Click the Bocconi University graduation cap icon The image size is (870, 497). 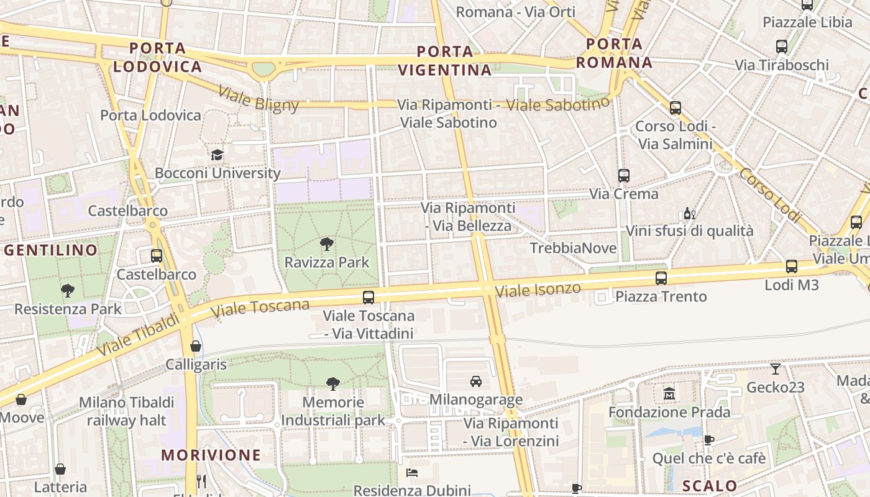(217, 155)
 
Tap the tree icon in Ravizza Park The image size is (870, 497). (327, 244)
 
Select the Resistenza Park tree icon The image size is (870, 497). (68, 290)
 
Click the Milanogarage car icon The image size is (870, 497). (476, 381)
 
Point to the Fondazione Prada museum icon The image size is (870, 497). (669, 393)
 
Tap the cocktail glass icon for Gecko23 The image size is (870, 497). (776, 368)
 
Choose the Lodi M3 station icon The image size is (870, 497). (791, 267)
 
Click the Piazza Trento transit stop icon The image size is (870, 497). (661, 278)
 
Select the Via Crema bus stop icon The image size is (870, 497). (624, 176)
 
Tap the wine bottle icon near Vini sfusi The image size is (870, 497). (689, 214)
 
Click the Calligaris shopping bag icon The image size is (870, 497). (196, 345)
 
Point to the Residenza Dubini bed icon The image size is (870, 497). (411, 473)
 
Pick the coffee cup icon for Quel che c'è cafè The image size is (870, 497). (709, 440)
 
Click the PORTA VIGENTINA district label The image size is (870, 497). (446, 60)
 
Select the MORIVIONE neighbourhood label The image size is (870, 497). (211, 455)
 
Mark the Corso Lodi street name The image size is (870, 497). (769, 194)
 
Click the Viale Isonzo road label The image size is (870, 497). (538, 290)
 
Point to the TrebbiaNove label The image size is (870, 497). (573, 248)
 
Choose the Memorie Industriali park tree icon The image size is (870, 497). (333, 384)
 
